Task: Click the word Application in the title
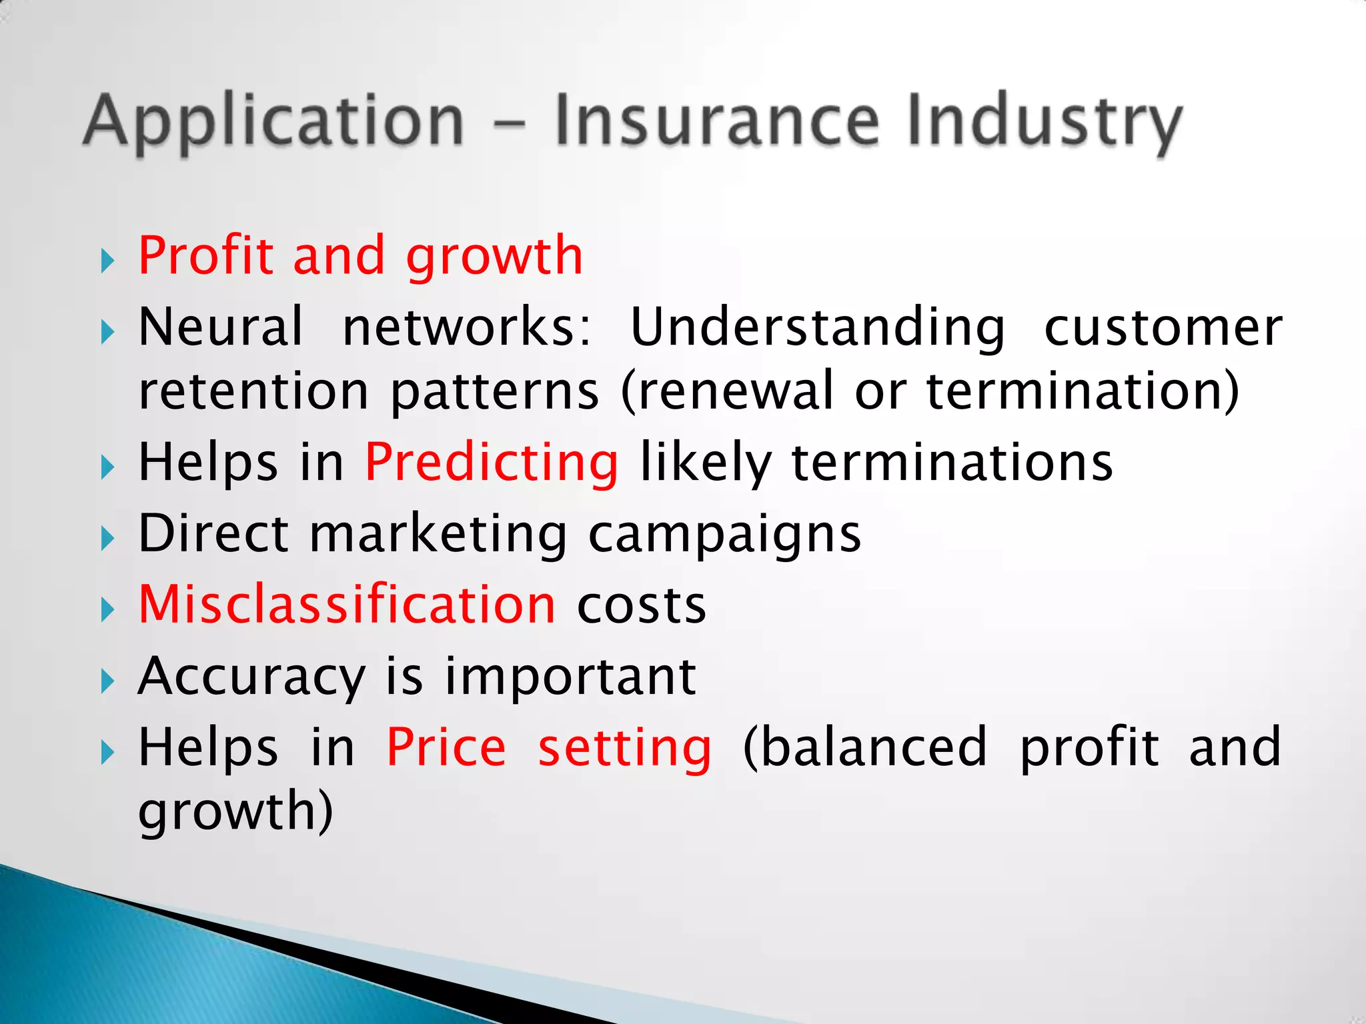tap(273, 121)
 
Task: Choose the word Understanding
tap(817, 328)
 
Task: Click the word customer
tap(1163, 328)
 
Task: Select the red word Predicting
tap(492, 463)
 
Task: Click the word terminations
tap(952, 463)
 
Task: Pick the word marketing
tap(438, 534)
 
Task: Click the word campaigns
tap(725, 535)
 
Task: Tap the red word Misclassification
tap(347, 605)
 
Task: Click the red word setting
tap(625, 749)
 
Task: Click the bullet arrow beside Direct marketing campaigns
tap(108, 538)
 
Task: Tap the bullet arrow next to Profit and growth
tap(108, 261)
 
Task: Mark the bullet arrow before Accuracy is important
tap(108, 681)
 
